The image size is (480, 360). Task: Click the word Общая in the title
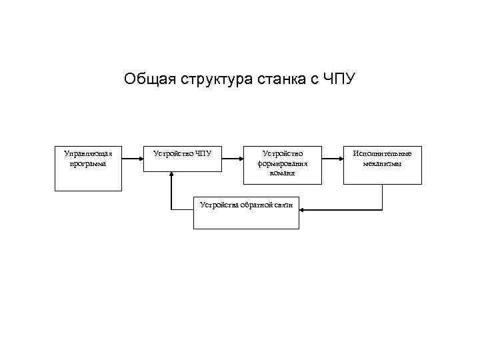click(x=148, y=80)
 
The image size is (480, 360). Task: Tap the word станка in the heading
click(x=275, y=80)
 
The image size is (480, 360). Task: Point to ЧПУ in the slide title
click(x=340, y=80)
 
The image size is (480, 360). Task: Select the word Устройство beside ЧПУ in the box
click(x=171, y=153)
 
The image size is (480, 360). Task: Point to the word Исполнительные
click(x=383, y=153)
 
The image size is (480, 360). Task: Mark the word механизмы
click(x=383, y=163)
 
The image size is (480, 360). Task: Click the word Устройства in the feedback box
click(x=219, y=205)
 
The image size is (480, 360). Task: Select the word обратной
click(x=256, y=205)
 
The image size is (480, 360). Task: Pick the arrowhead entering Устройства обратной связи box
click(x=305, y=211)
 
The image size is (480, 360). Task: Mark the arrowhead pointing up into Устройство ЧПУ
click(x=171, y=175)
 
